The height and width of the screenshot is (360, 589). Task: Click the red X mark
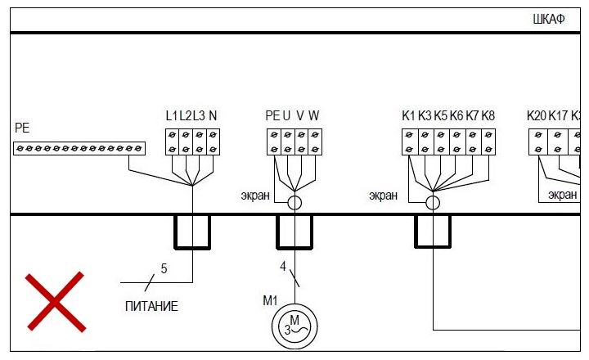pyautogui.click(x=54, y=301)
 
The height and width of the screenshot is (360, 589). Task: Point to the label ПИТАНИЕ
pyautogui.click(x=151, y=307)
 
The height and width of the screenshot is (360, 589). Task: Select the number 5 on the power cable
pyautogui.click(x=164, y=268)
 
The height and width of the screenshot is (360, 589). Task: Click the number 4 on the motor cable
pyautogui.click(x=283, y=266)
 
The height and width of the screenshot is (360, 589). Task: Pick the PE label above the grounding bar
pyautogui.click(x=22, y=128)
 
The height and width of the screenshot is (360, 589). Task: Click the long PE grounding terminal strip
pyautogui.click(x=79, y=148)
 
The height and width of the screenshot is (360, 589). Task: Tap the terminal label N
pyautogui.click(x=213, y=115)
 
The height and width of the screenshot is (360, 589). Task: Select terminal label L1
pyautogui.click(x=172, y=115)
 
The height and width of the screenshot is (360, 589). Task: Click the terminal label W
pyautogui.click(x=314, y=115)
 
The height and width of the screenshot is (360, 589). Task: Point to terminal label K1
pyautogui.click(x=408, y=115)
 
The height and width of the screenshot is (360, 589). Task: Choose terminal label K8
pyautogui.click(x=488, y=115)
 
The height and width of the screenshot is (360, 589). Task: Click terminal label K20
pyautogui.click(x=537, y=115)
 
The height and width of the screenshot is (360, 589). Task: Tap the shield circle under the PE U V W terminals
pyautogui.click(x=294, y=202)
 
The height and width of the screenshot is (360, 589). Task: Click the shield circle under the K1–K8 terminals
pyautogui.click(x=433, y=202)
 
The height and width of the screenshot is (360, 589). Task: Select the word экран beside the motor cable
pyautogui.click(x=255, y=195)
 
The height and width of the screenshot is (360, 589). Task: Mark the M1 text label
pyautogui.click(x=271, y=300)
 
